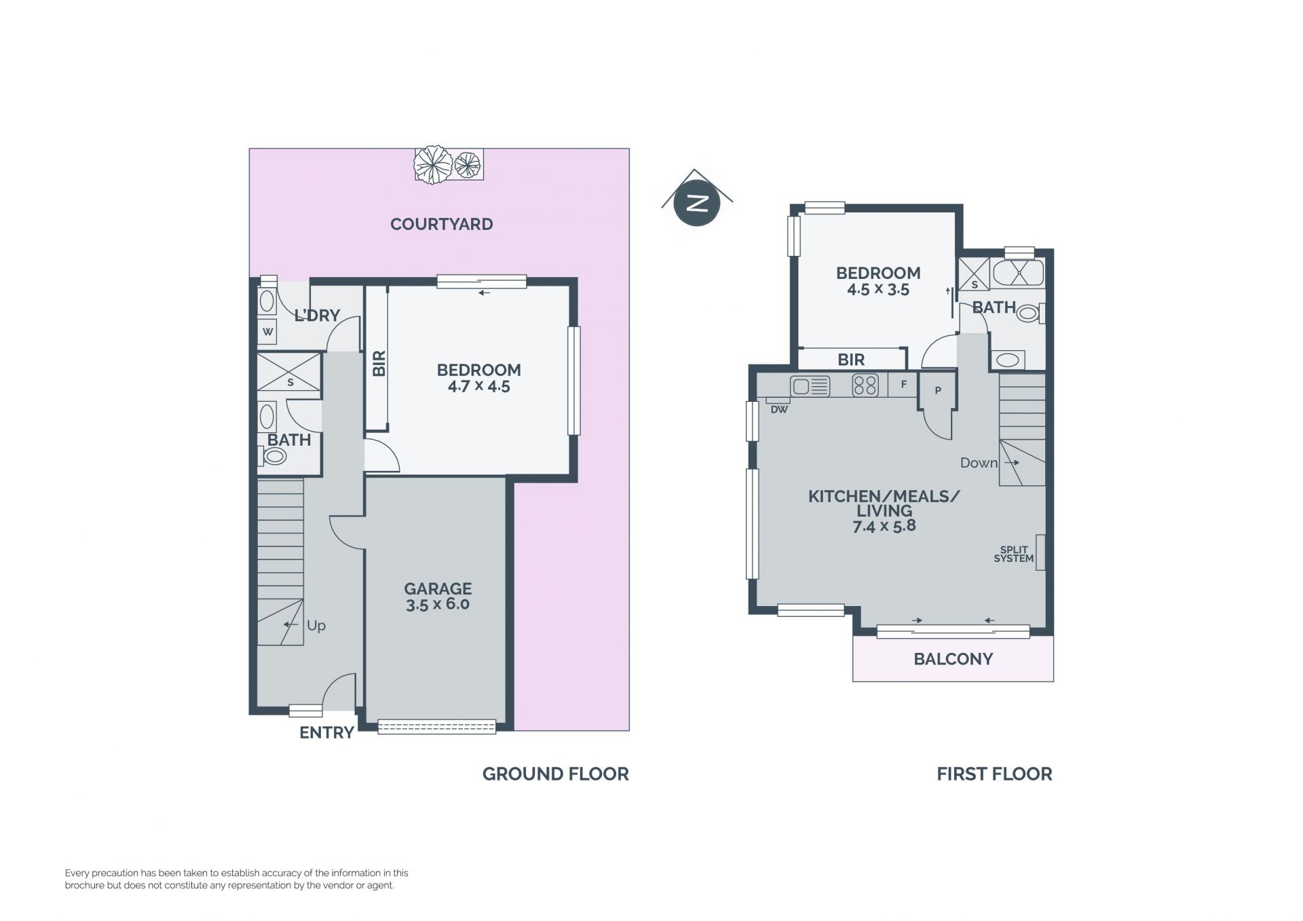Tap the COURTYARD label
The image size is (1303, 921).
click(441, 224)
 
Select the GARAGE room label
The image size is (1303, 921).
click(438, 588)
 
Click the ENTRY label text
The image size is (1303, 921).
click(327, 732)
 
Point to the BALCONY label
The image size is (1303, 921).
click(953, 659)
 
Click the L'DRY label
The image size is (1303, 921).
click(317, 316)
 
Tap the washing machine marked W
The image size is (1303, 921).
click(267, 331)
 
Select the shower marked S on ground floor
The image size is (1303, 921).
click(289, 372)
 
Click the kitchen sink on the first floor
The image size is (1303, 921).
click(810, 386)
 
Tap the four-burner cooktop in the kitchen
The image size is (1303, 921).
click(865, 386)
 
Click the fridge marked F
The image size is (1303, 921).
click(903, 385)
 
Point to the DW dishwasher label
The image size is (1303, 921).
click(779, 409)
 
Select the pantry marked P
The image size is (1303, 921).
click(937, 390)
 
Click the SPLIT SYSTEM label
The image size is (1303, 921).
click(1014, 555)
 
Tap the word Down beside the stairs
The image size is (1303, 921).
click(979, 463)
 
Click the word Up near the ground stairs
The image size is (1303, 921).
click(316, 626)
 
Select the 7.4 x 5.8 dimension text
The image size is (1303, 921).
click(884, 526)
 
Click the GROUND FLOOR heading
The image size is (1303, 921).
click(556, 774)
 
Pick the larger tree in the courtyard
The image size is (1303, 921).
click(433, 164)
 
